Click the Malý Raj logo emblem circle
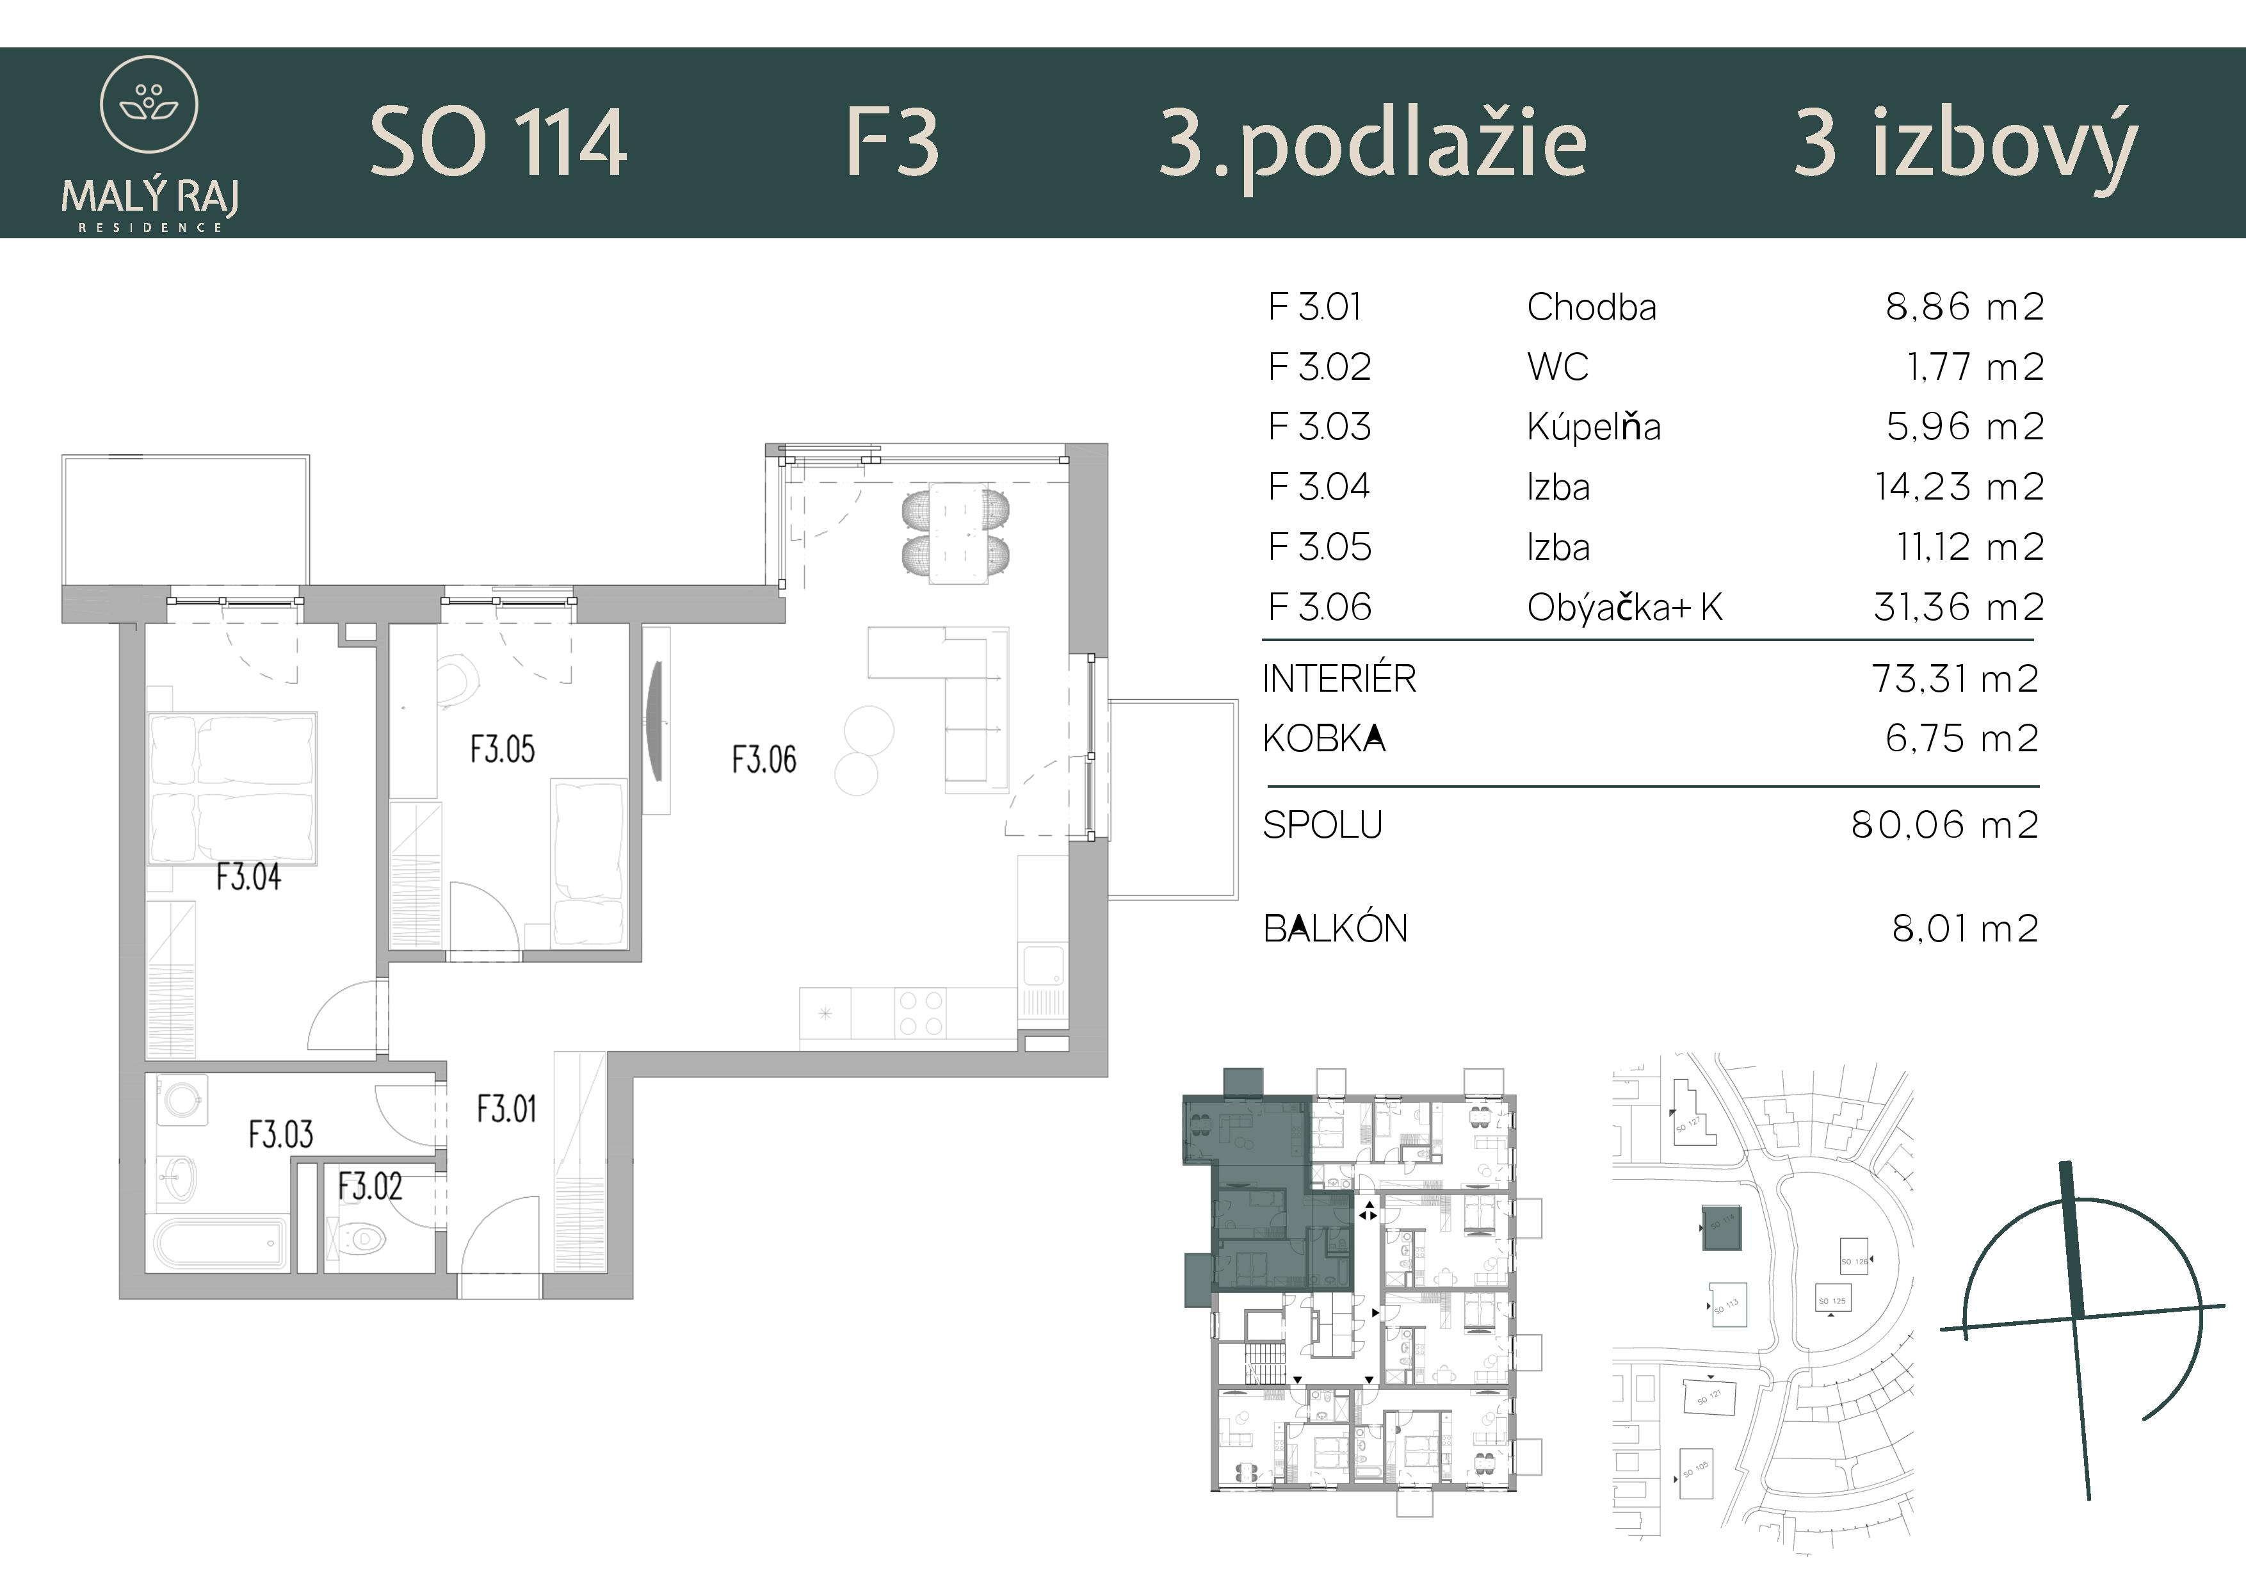150,104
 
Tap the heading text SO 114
498,144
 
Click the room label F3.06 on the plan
764,760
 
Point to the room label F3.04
248,877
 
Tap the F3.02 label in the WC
370,1187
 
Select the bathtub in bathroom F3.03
221,1244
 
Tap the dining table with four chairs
956,534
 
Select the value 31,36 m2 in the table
1959,608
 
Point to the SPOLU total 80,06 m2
1944,826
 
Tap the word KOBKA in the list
1323,738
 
